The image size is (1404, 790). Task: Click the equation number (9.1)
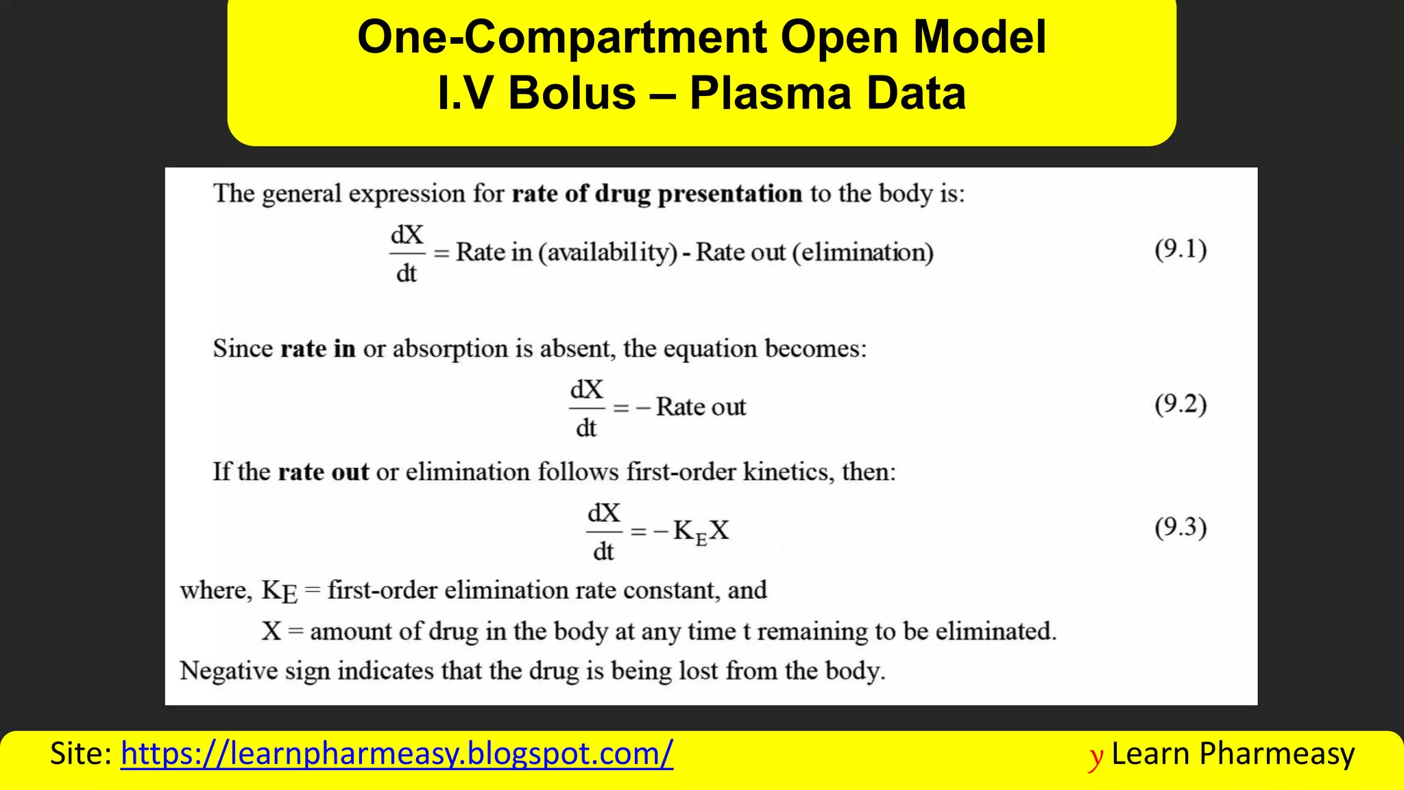click(1181, 249)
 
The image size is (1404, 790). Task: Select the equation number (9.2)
click(1181, 404)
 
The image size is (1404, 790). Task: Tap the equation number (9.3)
click(1181, 527)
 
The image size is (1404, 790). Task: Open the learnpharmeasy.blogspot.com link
click(396, 754)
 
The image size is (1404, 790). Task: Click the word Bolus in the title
click(572, 93)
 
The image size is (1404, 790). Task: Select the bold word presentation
click(729, 194)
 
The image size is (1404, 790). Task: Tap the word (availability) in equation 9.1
click(607, 252)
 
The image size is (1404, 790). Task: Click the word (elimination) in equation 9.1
click(862, 252)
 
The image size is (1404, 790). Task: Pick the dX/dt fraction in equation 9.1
click(407, 254)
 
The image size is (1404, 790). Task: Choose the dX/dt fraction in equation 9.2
click(586, 408)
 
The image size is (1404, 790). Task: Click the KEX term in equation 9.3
click(701, 531)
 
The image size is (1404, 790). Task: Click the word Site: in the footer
click(81, 754)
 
